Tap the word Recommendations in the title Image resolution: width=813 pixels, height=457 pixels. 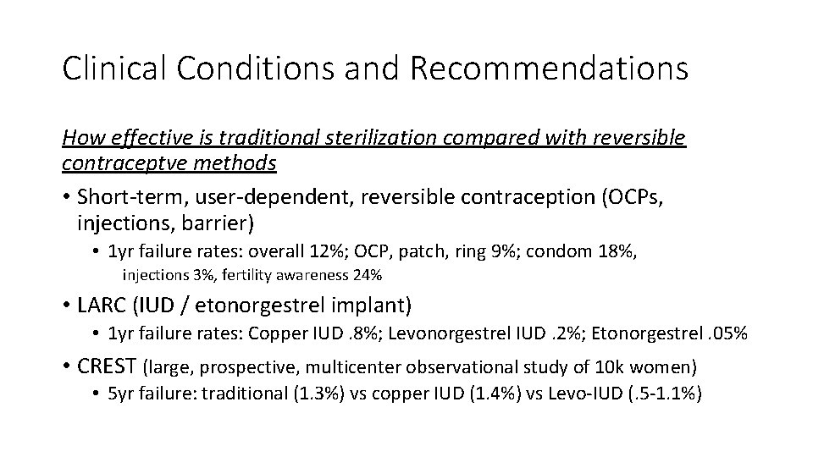550,69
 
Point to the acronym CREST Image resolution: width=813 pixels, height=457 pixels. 108,366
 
